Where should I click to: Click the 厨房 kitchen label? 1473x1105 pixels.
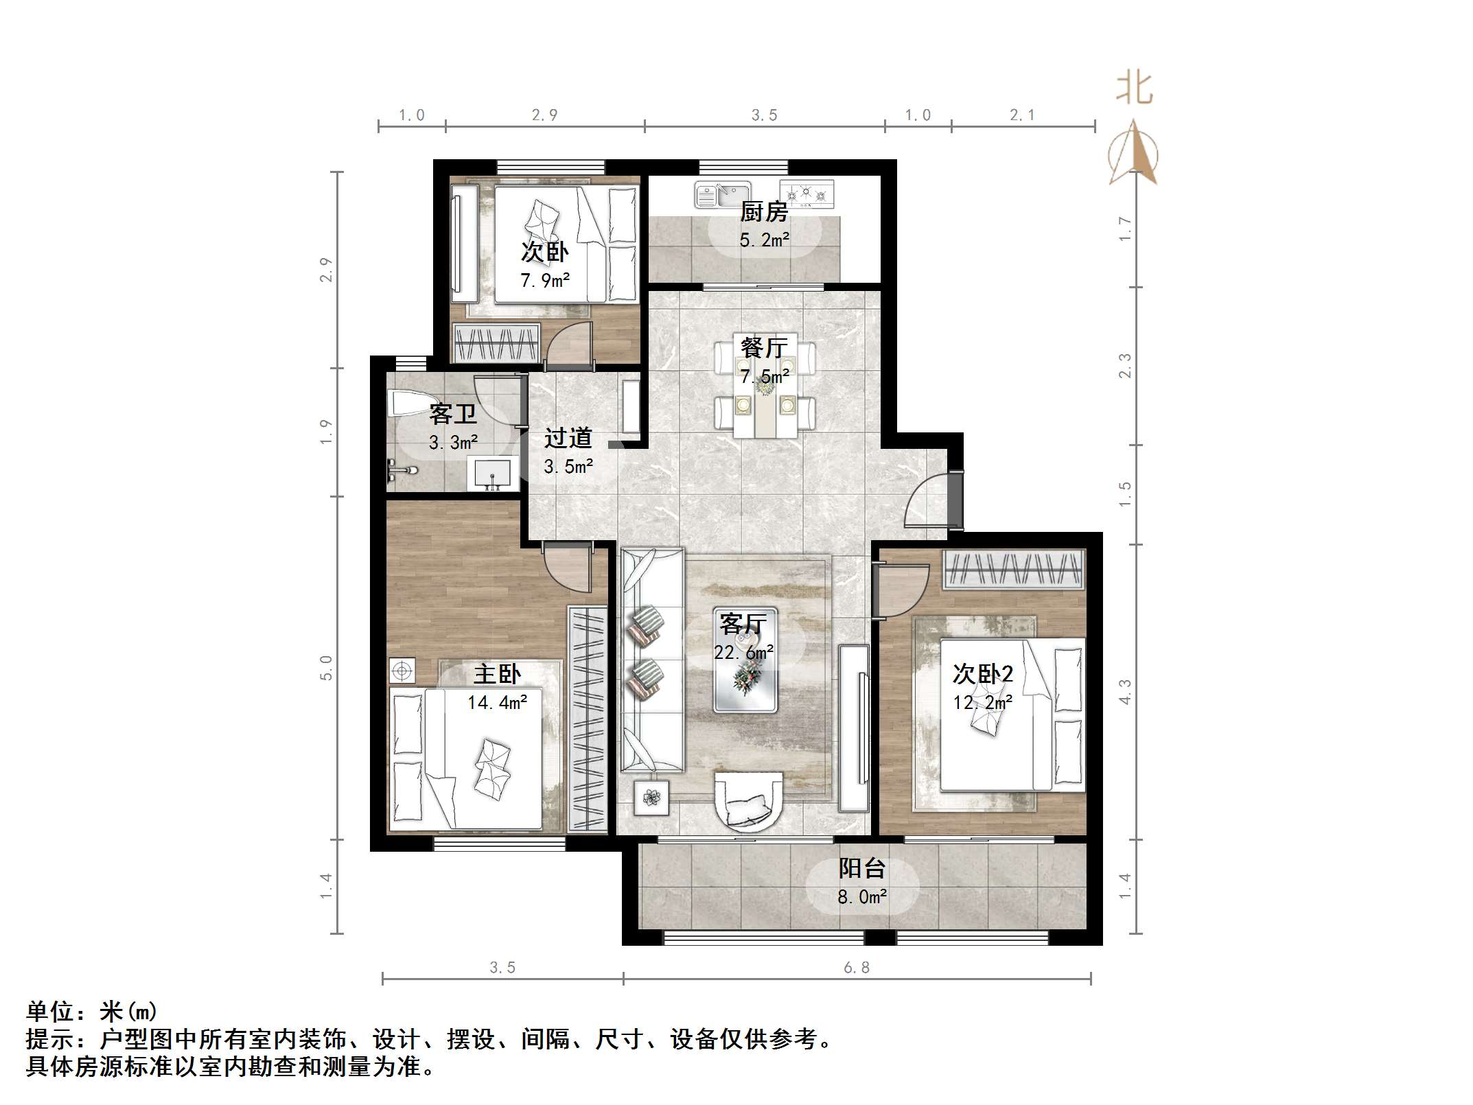(x=763, y=211)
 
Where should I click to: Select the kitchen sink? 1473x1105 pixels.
(x=722, y=194)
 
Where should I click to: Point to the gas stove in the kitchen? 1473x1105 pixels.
(x=807, y=194)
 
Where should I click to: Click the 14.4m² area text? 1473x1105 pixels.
(x=497, y=702)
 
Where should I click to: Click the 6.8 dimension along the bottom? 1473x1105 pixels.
(x=856, y=967)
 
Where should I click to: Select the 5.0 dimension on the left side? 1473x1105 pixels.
(x=326, y=667)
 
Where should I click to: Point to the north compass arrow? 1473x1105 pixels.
(x=1133, y=152)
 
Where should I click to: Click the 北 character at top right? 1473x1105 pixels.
(x=1134, y=89)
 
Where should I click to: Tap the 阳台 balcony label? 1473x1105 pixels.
(x=862, y=868)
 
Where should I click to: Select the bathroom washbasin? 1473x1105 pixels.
(x=492, y=474)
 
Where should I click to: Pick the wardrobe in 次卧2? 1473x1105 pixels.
(x=1013, y=570)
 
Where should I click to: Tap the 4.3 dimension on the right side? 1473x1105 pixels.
(x=1124, y=691)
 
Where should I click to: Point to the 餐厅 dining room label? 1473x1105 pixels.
(x=763, y=347)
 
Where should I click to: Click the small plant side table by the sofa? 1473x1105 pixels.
(x=651, y=798)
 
